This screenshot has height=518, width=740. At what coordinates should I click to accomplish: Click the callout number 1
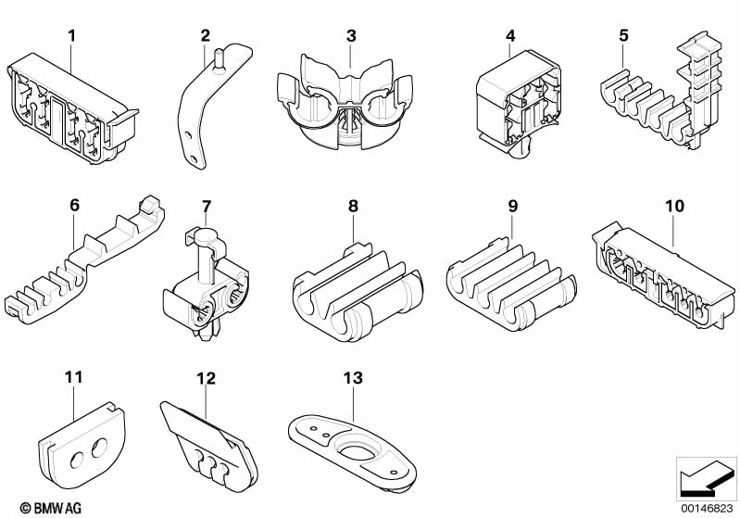point(71,36)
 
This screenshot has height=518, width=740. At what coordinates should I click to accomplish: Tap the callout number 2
point(206,36)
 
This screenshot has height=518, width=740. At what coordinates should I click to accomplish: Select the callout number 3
point(351,36)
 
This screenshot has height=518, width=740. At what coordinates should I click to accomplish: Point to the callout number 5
point(623,36)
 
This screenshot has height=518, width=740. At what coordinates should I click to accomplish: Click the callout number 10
point(674,206)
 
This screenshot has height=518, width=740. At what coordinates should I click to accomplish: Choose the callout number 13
point(352,378)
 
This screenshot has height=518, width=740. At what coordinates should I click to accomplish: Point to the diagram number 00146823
point(707,507)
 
